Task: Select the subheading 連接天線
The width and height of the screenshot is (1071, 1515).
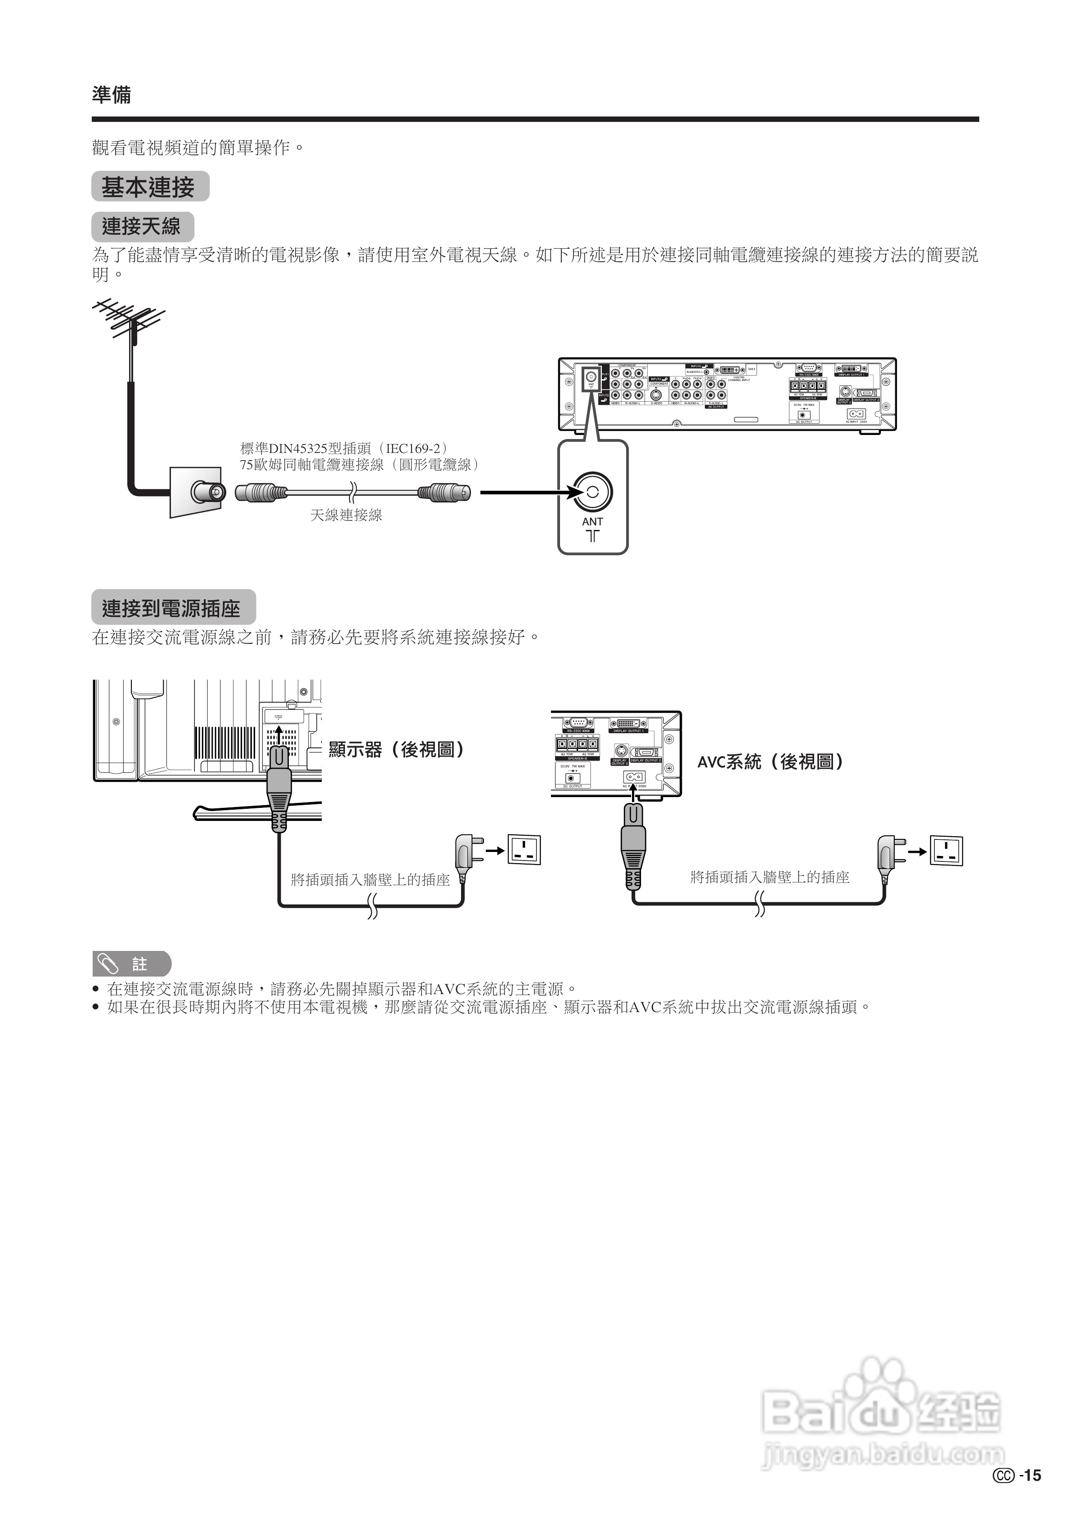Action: [142, 226]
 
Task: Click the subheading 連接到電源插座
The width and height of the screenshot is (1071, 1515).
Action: [173, 608]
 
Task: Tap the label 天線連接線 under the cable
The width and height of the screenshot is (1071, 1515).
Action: [346, 515]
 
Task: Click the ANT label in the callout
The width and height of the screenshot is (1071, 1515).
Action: [592, 521]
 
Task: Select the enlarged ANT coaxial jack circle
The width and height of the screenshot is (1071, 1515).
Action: [592, 492]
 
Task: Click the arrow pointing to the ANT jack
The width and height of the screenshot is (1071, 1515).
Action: [528, 492]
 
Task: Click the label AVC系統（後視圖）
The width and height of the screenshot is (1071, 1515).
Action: [771, 762]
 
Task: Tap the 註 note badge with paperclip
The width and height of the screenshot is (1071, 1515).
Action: [131, 964]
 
